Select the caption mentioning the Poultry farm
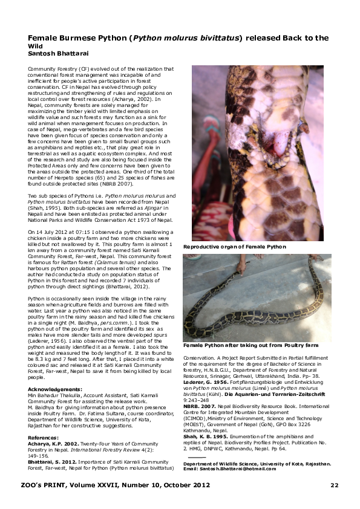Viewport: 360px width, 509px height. pyautogui.click(x=251, y=345)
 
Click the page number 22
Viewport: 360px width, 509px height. pyautogui.click(x=335, y=485)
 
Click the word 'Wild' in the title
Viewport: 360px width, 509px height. pyautogui.click(x=36, y=45)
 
